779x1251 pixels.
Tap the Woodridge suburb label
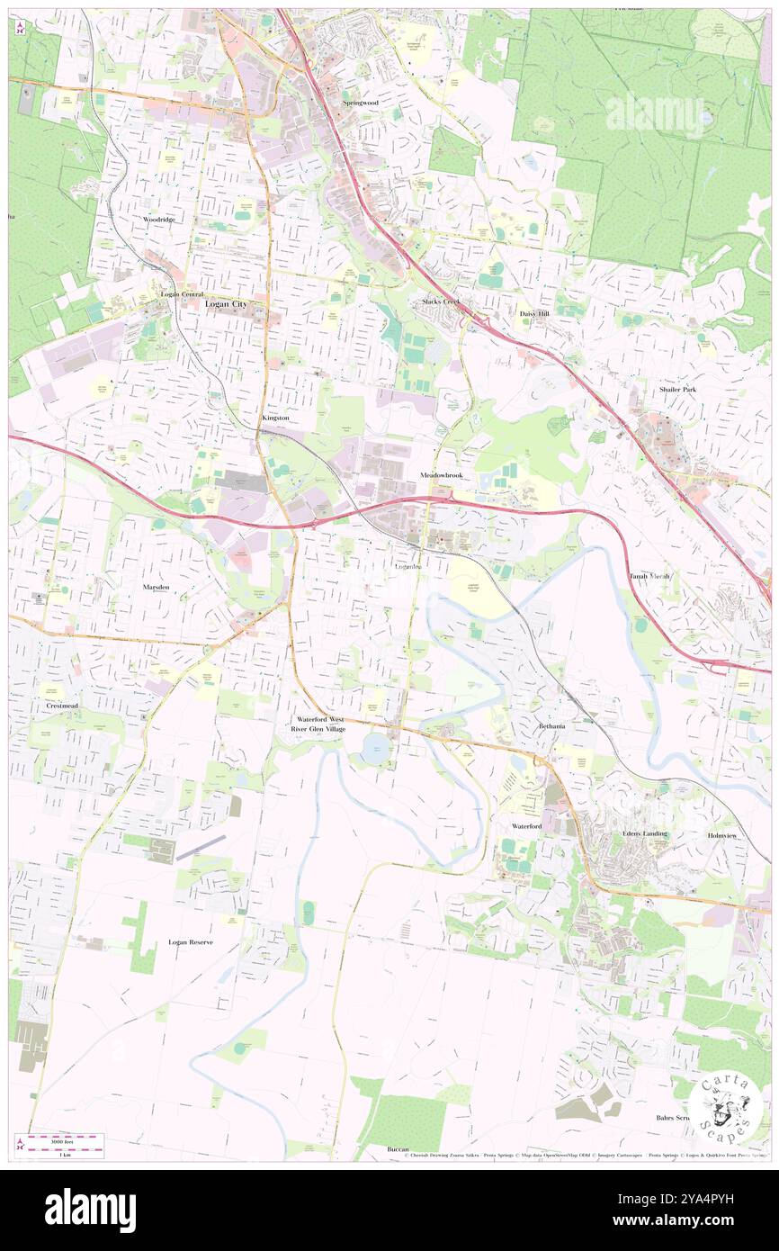tap(158, 219)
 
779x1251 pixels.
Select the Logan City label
tap(225, 304)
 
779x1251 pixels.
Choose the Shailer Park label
tap(676, 389)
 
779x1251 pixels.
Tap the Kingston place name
tap(275, 418)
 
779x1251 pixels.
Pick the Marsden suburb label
tap(156, 586)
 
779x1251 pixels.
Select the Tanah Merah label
tap(649, 576)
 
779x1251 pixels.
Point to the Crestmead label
tap(62, 706)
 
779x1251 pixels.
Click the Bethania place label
tap(552, 725)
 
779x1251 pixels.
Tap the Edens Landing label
tap(645, 833)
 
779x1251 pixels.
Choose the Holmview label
tap(721, 834)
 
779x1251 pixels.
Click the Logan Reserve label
tap(191, 942)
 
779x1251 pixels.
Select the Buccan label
tap(398, 1149)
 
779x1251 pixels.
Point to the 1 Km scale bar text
tap(64, 1155)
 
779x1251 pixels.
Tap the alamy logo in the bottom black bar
tap(90, 1210)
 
